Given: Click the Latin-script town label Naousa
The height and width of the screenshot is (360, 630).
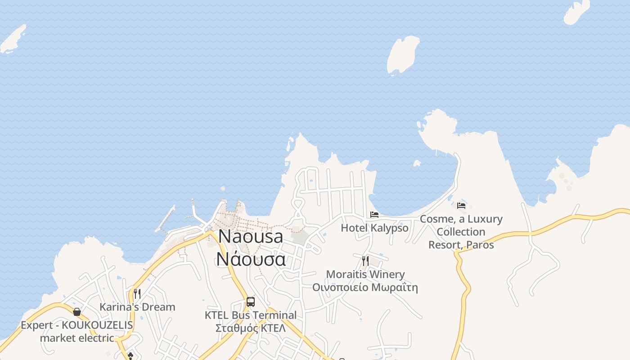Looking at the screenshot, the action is pyautogui.click(x=251, y=237).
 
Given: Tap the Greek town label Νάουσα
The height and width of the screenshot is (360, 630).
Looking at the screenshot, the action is pyautogui.click(x=251, y=259).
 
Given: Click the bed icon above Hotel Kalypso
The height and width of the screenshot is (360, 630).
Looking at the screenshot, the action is pyautogui.click(x=374, y=215).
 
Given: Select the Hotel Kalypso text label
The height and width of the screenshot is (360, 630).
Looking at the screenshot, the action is pyautogui.click(x=374, y=228).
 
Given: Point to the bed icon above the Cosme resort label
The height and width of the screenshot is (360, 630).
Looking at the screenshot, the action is pyautogui.click(x=461, y=206).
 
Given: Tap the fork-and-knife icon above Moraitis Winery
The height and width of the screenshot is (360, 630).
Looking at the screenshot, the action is pyautogui.click(x=365, y=261).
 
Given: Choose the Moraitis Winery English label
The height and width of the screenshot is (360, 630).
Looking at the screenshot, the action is pyautogui.click(x=365, y=274).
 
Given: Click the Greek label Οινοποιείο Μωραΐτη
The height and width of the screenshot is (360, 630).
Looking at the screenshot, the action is pyautogui.click(x=365, y=287).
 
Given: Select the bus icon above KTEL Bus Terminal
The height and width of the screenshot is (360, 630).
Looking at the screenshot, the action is pyautogui.click(x=251, y=302).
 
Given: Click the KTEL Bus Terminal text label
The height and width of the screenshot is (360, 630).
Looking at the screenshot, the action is pyautogui.click(x=251, y=315).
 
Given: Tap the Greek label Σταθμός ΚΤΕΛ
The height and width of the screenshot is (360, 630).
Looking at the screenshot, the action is pyautogui.click(x=251, y=328).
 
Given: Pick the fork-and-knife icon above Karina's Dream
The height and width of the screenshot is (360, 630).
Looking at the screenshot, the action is pyautogui.click(x=137, y=294).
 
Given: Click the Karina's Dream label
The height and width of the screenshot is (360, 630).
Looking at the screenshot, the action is pyautogui.click(x=137, y=307).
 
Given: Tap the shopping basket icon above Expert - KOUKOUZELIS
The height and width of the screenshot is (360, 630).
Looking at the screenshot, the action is pyautogui.click(x=77, y=312).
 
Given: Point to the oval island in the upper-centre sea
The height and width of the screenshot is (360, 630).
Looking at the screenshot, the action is pyautogui.click(x=403, y=54).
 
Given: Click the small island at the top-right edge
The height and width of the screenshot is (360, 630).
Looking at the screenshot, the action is pyautogui.click(x=577, y=12).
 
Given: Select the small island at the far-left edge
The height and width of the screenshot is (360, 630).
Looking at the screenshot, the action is pyautogui.click(x=13, y=39).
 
